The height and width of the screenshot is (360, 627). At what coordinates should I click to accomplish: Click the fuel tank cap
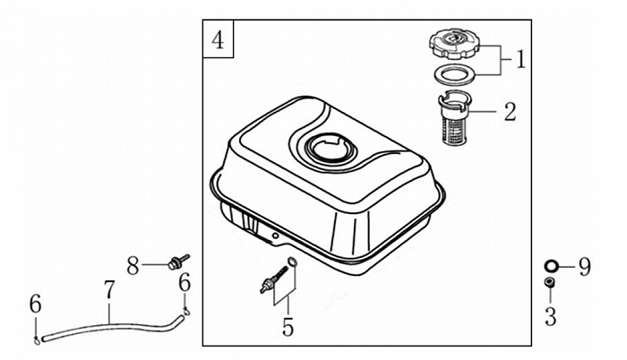tap(457, 42)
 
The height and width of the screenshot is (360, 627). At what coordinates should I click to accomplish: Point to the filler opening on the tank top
tap(331, 147)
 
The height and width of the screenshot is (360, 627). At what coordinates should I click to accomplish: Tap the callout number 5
tap(288, 327)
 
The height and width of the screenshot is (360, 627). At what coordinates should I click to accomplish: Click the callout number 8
tap(133, 265)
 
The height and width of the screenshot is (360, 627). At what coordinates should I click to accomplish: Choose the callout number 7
tap(109, 289)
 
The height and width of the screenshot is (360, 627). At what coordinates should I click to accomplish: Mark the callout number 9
tap(584, 265)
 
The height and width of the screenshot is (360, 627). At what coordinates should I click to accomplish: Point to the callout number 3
tap(551, 315)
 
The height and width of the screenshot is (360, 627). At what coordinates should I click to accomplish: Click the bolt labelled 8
tap(176, 261)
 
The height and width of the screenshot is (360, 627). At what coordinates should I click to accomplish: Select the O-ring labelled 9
tap(552, 265)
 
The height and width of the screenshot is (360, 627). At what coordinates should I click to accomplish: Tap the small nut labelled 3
tap(551, 285)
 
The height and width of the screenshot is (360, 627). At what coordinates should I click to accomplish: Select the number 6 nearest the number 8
tap(185, 282)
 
